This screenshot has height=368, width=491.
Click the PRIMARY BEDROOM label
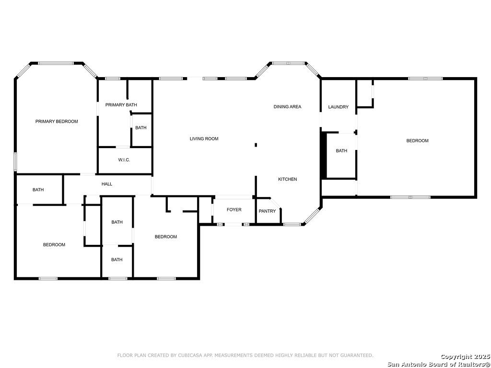click(57, 122)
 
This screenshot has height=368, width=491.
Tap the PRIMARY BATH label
click(121, 105)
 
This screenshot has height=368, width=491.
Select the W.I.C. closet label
click(124, 160)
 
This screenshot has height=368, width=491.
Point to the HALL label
click(107, 184)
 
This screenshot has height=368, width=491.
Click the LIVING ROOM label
click(204, 139)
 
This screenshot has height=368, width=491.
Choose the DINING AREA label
click(287, 107)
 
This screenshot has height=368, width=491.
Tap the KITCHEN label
click(288, 179)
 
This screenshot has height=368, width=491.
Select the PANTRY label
click(267, 211)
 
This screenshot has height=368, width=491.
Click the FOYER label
click(234, 210)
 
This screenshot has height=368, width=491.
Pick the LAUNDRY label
click(338, 107)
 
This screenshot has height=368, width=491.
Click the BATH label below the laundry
click(341, 151)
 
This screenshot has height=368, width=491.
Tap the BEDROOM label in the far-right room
click(417, 141)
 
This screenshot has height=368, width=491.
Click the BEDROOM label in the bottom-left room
click(54, 245)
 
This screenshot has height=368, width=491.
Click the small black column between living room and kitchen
click(256, 145)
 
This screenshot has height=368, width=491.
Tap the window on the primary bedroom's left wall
click(15, 161)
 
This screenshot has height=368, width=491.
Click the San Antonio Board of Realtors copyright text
click(439, 364)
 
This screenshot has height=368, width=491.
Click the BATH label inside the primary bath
click(141, 128)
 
